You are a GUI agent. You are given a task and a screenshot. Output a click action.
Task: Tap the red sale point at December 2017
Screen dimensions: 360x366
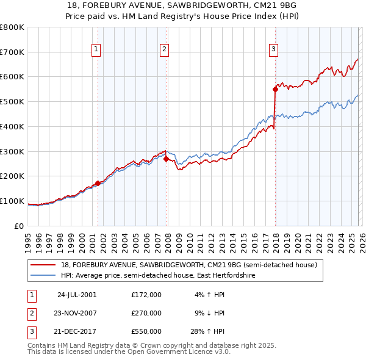[x=275, y=89]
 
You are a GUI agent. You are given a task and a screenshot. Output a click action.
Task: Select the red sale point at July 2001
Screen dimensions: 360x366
[x=98, y=182]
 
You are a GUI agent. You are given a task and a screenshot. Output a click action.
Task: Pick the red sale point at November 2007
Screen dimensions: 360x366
[x=166, y=159]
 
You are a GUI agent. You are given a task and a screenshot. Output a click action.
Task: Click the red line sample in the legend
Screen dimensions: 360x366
[x=43, y=265]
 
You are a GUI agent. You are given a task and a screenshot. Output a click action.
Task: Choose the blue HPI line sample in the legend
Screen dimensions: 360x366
[x=43, y=276]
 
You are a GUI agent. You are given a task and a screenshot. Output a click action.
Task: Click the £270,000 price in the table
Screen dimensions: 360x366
[x=146, y=313]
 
